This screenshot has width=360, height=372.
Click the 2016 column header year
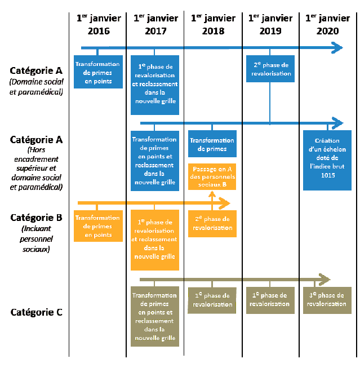point(99,31)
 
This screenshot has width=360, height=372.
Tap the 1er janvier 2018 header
point(213,25)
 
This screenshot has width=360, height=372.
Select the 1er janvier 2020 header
point(327,25)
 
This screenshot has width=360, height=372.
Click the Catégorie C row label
point(37,312)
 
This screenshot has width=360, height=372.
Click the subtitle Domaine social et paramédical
point(36,87)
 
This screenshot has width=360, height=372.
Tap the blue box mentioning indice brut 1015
point(327,160)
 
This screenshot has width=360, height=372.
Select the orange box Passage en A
point(212,176)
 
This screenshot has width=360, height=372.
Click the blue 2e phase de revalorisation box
point(270,69)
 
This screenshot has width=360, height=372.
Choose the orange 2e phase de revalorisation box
point(212,224)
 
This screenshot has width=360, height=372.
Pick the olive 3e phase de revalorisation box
point(327,300)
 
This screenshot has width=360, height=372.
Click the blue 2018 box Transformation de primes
point(212,145)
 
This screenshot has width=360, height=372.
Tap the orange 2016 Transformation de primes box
point(98,226)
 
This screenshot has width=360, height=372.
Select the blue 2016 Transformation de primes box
point(98,73)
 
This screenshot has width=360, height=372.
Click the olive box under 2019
point(270,300)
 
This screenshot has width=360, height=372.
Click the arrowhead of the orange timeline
point(225,203)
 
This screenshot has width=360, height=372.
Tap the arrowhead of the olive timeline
point(324,279)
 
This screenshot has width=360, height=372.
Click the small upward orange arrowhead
point(212,194)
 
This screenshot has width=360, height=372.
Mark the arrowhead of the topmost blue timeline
point(337,48)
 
